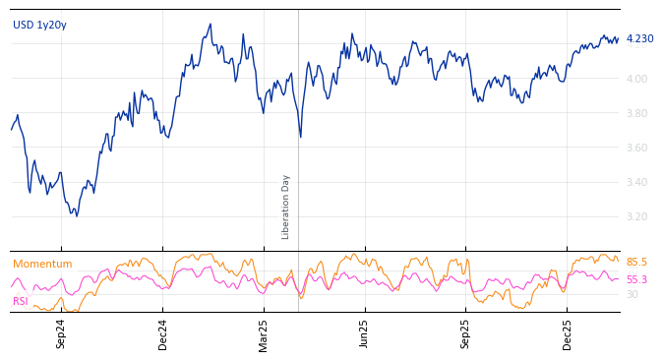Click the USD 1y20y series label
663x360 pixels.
[39, 26]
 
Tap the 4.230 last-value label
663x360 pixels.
[639, 39]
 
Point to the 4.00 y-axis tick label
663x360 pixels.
[636, 79]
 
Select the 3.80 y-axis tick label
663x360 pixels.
[636, 113]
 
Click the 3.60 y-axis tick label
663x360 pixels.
[636, 148]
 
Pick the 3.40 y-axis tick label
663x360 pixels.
[636, 182]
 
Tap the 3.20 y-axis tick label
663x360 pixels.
[636, 216]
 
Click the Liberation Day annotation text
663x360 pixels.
[286, 207]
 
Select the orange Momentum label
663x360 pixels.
[42, 265]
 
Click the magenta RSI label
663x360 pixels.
[21, 301]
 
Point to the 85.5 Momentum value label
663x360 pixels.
[636, 263]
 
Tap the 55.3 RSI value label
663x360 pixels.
[636, 280]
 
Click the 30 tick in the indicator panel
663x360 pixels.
[632, 294]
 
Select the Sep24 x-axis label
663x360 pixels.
[61, 333]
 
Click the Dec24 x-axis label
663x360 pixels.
[163, 333]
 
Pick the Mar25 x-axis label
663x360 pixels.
[264, 333]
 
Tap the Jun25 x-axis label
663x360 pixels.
[365, 333]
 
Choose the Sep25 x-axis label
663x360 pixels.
[466, 333]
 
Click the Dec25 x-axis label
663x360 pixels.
[568, 333]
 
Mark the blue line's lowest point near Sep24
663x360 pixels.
[76, 215]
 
